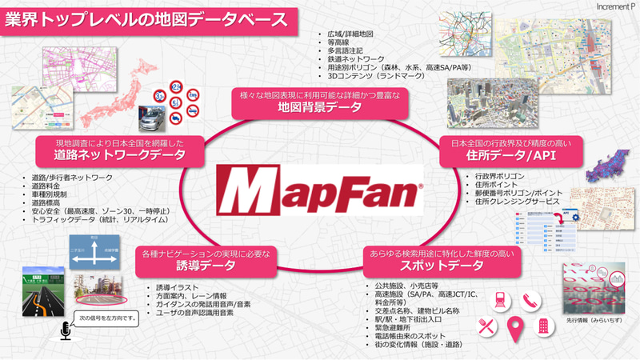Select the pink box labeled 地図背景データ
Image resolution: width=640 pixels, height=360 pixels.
tap(320, 101)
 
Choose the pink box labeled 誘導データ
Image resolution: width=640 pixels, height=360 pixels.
tap(204, 260)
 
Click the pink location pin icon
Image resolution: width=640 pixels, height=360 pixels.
tap(516, 329)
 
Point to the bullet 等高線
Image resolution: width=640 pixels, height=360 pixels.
tap(340, 41)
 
